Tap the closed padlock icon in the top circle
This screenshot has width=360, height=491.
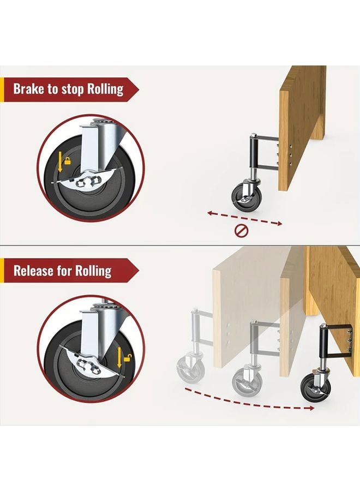coord(68,161)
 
